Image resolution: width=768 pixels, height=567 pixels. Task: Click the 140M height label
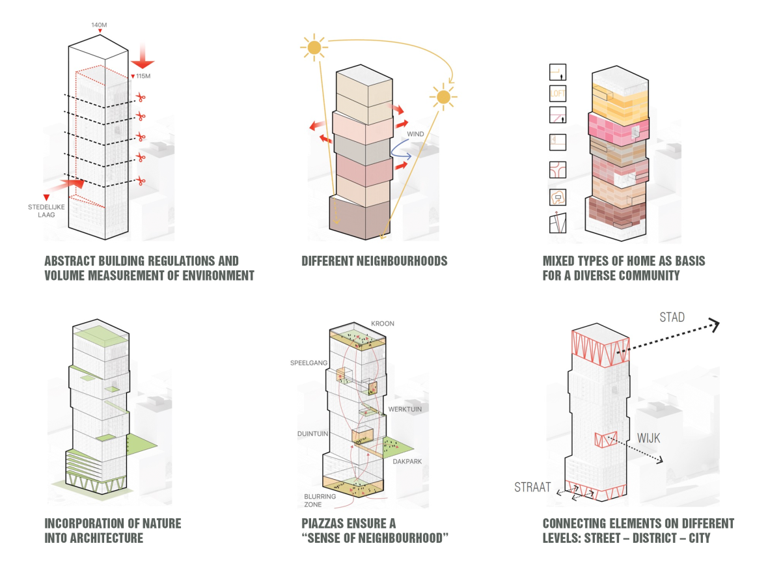98,24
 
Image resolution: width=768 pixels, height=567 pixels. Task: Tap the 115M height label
143,76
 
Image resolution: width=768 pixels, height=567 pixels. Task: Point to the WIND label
415,135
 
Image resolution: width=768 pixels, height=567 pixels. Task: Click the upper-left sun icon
314,47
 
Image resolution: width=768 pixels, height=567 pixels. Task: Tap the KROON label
383,324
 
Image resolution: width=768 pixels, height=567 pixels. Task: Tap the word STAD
672,317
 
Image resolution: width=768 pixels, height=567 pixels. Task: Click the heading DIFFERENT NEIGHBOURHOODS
374,261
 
